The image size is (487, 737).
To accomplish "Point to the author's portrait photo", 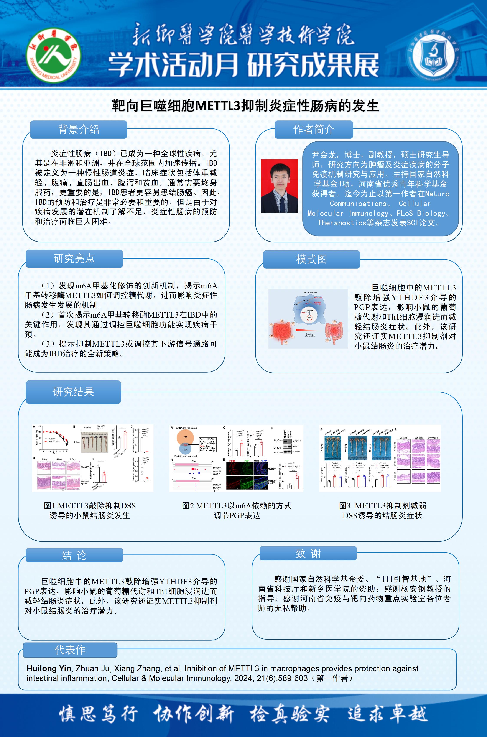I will coord(279,186).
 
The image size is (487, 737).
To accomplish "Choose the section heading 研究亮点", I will coord(74,258).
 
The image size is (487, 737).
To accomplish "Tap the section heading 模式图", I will coord(311,259).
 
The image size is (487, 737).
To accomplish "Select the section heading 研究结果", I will coord(73,392).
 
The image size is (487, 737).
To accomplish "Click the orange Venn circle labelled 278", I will coord(185,437).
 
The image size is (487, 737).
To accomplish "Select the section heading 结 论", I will coord(74,555).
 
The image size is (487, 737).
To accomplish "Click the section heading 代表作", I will coord(70,650).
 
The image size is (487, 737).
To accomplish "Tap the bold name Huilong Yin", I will coord(49,668).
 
